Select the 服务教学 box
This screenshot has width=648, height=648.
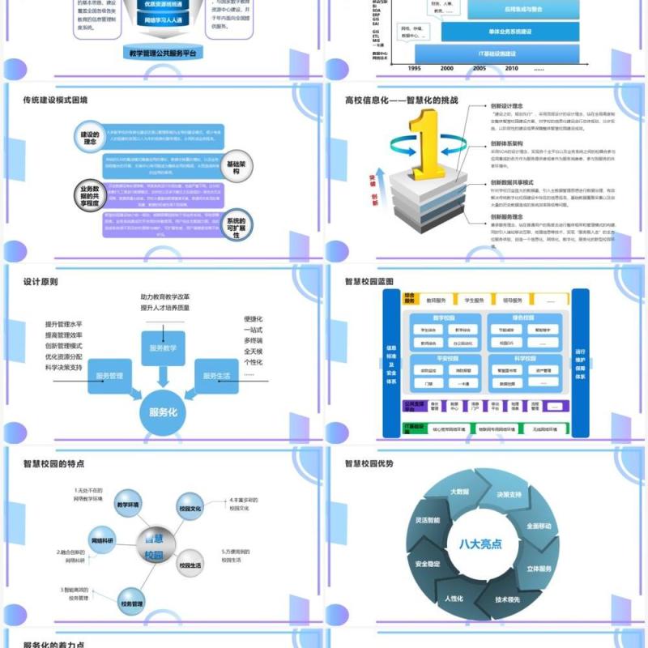[163, 347]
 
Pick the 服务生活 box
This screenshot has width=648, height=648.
[215, 376]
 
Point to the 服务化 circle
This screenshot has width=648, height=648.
[163, 412]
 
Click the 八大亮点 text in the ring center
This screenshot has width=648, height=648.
[481, 544]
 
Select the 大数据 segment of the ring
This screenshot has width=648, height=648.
[459, 492]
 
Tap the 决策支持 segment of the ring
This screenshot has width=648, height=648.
[509, 494]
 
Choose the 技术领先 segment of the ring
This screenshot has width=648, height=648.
[507, 600]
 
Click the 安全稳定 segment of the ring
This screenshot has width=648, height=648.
[428, 563]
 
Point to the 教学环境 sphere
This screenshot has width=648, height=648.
[128, 504]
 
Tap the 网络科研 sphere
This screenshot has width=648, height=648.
[103, 539]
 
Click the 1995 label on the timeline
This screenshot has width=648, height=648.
[414, 69]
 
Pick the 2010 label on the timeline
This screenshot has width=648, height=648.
[511, 69]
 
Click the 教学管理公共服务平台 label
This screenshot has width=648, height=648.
[163, 53]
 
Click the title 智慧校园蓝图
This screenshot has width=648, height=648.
[369, 282]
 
